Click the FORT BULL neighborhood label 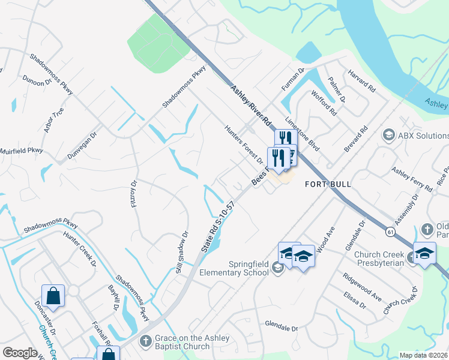pyautogui.click(x=327, y=184)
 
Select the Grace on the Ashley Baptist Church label pyautogui.click(x=192, y=342)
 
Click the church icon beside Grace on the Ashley pyautogui.click(x=145, y=341)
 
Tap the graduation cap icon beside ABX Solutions pyautogui.click(x=388, y=135)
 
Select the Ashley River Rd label pyautogui.click(x=252, y=105)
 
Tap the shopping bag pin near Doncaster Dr pyautogui.click(x=53, y=296)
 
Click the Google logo pyautogui.click(x=20, y=353)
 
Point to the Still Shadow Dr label pyautogui.click(x=182, y=253)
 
